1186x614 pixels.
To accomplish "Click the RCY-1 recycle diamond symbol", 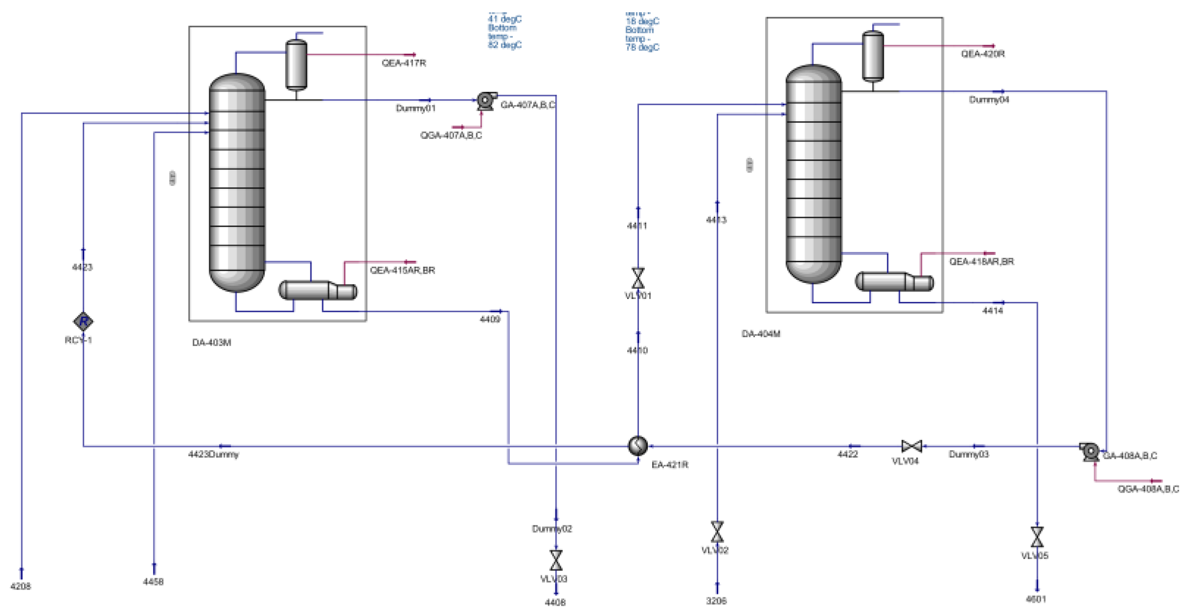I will (x=83, y=321).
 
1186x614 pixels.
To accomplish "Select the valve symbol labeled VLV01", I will (x=638, y=278).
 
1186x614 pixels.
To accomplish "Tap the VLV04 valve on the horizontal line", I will (x=911, y=446).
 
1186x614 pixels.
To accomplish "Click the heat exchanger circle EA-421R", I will (x=637, y=446).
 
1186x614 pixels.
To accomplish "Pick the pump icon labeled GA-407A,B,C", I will (x=486, y=100).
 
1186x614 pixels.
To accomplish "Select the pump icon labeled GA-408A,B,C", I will (x=1090, y=452).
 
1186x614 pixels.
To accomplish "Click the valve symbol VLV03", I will (x=556, y=560).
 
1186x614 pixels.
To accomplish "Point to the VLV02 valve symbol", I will (x=717, y=531).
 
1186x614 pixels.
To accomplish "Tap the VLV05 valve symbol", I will (x=1037, y=537).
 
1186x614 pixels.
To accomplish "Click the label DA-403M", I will (x=211, y=342).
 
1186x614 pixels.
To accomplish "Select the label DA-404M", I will (x=761, y=334).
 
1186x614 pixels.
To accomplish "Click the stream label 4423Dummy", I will (x=213, y=455).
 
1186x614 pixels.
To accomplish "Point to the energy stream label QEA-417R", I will (x=403, y=63).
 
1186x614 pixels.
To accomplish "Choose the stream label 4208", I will (x=21, y=586).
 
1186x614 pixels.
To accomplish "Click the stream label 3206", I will (x=716, y=601).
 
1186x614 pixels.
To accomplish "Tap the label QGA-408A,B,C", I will (x=1147, y=489).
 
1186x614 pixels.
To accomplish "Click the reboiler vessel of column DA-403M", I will (x=317, y=290).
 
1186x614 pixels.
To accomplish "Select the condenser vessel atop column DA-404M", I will (x=873, y=55).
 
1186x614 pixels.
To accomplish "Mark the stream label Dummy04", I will (x=988, y=100).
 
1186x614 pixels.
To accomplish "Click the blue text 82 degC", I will (x=505, y=45).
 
